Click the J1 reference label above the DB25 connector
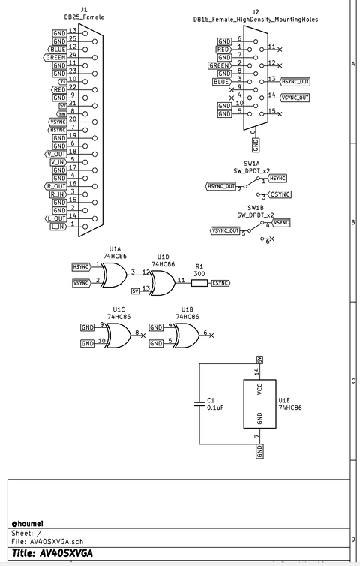84,11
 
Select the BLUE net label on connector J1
58,49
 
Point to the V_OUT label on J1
56,154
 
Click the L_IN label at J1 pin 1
58,227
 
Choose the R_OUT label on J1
56,186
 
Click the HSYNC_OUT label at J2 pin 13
295,81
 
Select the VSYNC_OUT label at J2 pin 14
295,98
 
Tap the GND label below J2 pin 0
256,144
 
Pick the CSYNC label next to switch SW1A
280,194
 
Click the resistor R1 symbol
199,283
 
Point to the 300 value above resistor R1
199,274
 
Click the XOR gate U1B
184,334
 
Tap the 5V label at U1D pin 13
136,291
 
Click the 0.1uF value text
216,408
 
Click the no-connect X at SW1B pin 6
270,239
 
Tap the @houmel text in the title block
28,522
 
